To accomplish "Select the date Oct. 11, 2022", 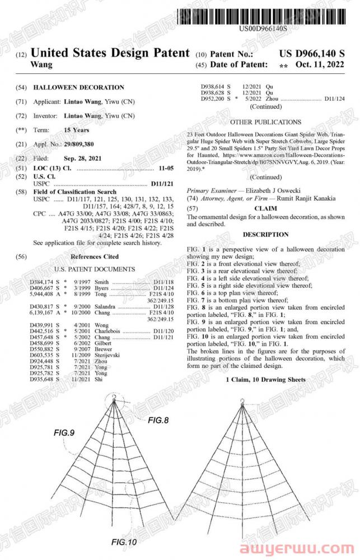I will pyautogui.click(x=319, y=65).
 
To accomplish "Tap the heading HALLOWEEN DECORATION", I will pyautogui.click(x=79, y=87).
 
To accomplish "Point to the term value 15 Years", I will pyautogui.click(x=77, y=130).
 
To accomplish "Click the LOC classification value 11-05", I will pyautogui.click(x=163, y=168).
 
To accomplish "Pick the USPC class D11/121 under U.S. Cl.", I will pyautogui.click(x=163, y=184).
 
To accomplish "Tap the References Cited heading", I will pyautogui.click(x=95, y=256).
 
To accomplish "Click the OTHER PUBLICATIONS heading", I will pyautogui.click(x=265, y=122).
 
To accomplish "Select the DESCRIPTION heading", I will pyautogui.click(x=266, y=235).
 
